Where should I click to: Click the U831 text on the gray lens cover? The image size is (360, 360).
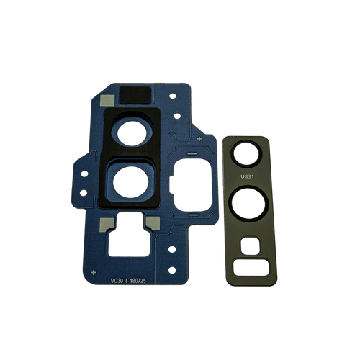coord(246,175)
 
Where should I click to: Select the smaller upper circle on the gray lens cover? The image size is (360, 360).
coord(246,153)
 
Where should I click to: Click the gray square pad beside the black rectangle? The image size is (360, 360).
coord(106,100)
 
